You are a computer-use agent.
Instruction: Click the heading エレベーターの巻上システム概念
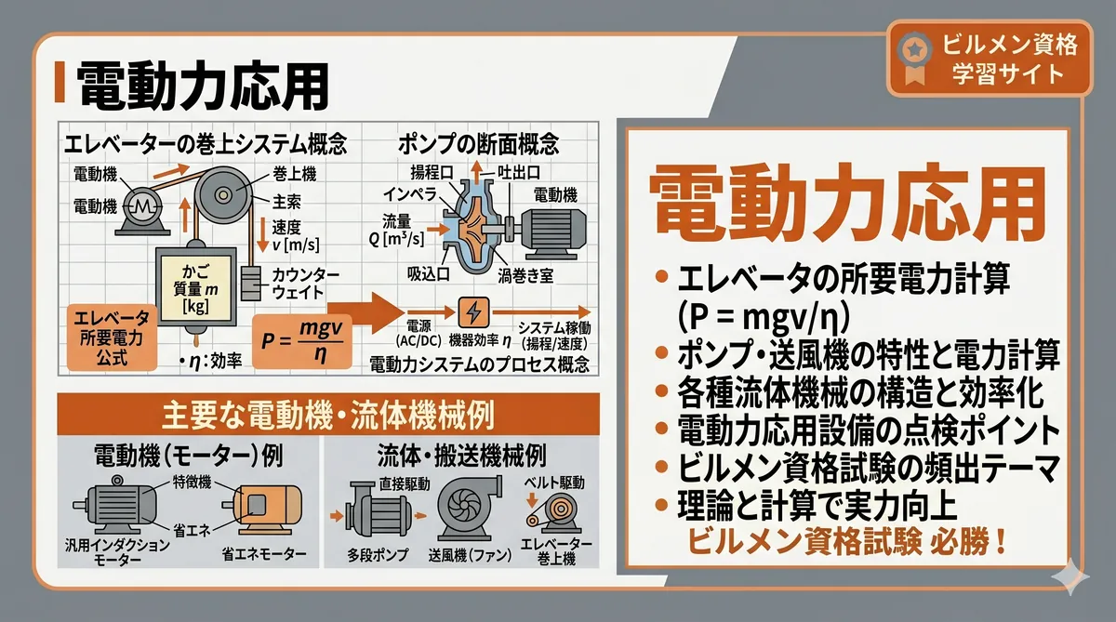(x=204, y=144)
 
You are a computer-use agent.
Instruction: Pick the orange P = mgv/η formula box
(x=300, y=341)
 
